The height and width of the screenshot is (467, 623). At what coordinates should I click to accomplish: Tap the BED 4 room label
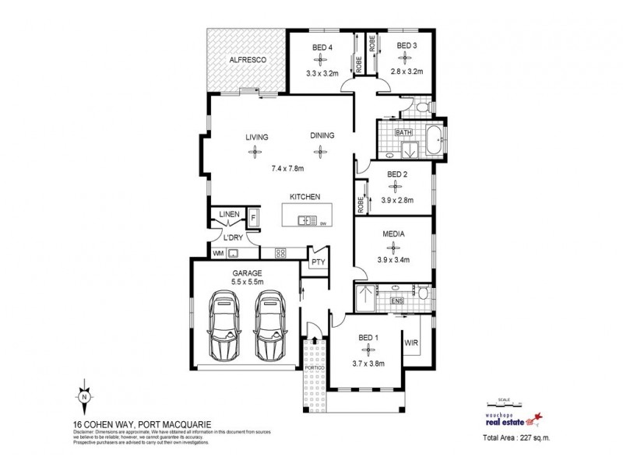tap(322, 47)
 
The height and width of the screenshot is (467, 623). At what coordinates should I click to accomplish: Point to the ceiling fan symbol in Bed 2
tap(396, 187)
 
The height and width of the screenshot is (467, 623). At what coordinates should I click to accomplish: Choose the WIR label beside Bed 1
tap(410, 342)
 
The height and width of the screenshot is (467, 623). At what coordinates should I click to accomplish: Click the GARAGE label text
tap(246, 273)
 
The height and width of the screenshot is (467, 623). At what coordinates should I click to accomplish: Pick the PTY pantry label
tap(318, 262)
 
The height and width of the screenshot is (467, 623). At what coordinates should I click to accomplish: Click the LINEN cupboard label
tap(228, 214)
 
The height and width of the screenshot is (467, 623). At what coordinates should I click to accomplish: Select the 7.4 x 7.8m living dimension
tap(287, 168)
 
